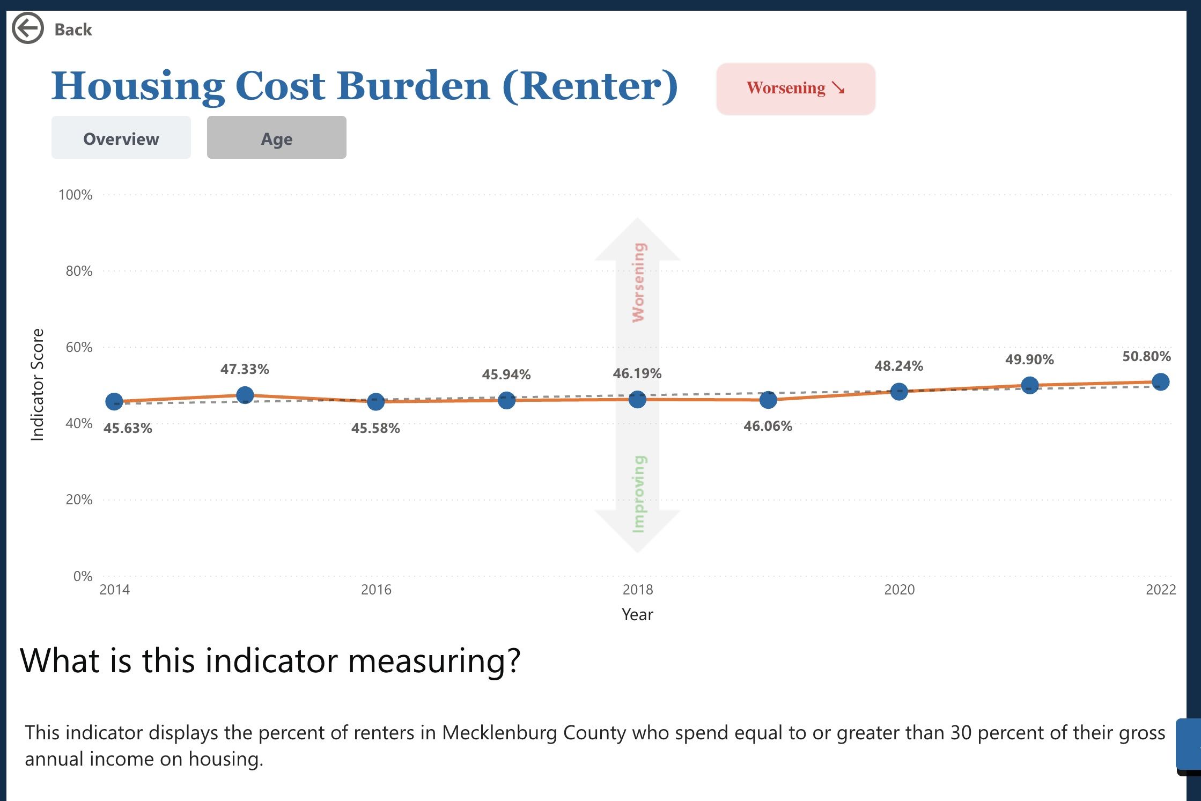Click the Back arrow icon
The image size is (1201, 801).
coord(27,28)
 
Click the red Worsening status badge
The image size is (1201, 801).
coord(795,89)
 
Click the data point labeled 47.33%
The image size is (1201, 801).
coord(245,395)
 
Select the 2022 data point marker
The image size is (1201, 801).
coord(1160,382)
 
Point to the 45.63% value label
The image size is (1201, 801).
coord(128,428)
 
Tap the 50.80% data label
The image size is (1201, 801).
coord(1146,356)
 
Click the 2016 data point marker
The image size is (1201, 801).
coord(375,401)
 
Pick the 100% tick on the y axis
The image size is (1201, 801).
coord(76,195)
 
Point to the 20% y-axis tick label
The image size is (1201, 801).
coord(79,499)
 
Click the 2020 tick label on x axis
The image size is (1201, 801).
coord(899,590)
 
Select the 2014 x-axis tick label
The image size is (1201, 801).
coord(115,590)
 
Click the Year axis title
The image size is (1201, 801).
coord(637,614)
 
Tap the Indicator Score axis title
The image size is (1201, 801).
coord(37,384)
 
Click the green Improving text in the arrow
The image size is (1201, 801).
coord(638,494)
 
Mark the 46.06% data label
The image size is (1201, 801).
coord(768,426)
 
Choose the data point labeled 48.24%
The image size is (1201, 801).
coord(899,391)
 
